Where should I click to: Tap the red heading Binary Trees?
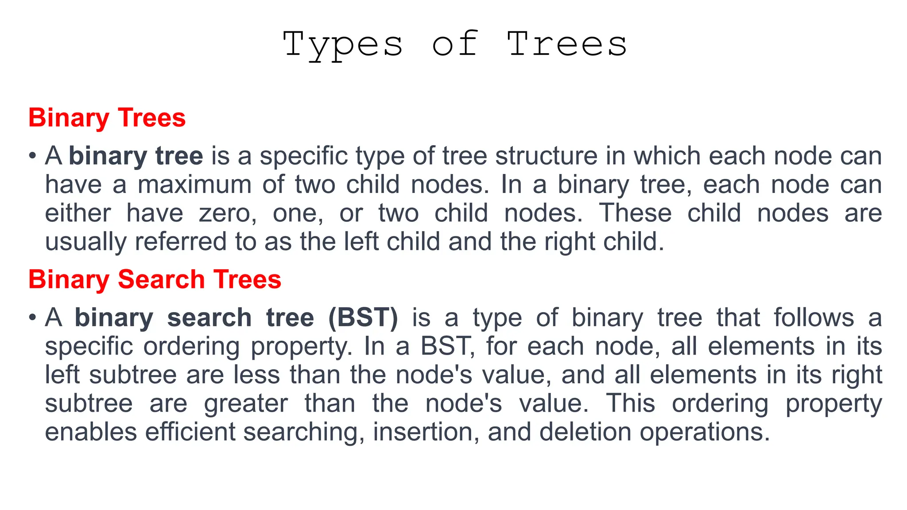[x=107, y=118]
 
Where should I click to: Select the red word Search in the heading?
[x=161, y=279]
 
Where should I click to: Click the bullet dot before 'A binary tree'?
[x=32, y=156]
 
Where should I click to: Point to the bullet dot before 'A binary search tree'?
[x=32, y=318]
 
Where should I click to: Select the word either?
[x=78, y=213]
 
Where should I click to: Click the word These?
[x=635, y=213]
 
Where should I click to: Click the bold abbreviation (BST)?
[x=363, y=318]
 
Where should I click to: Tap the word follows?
[x=814, y=318]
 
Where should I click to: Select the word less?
[x=257, y=375]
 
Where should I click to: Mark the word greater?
[x=246, y=404]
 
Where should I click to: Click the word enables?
[x=91, y=432]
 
